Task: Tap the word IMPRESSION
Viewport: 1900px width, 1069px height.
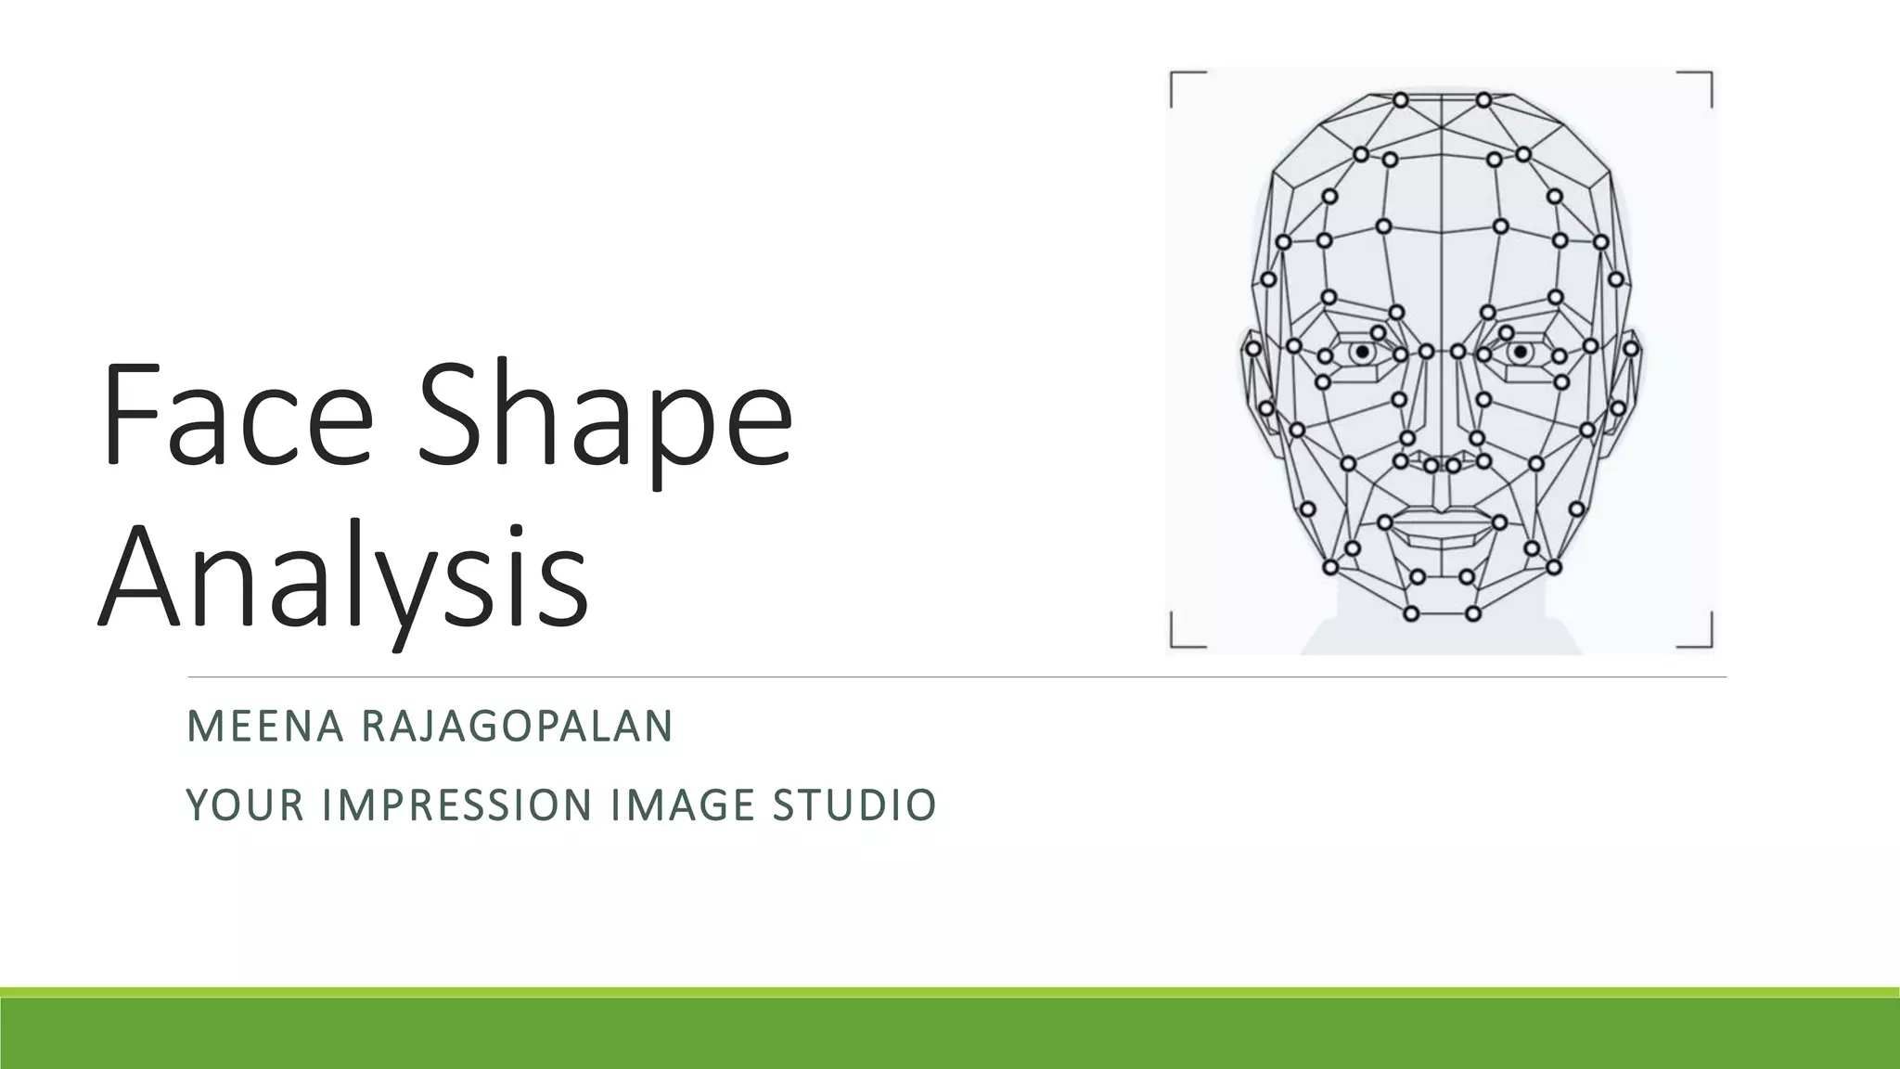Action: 457,805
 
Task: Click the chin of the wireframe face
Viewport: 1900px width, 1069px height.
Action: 1442,608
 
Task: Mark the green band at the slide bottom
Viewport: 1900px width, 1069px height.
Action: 950,1030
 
